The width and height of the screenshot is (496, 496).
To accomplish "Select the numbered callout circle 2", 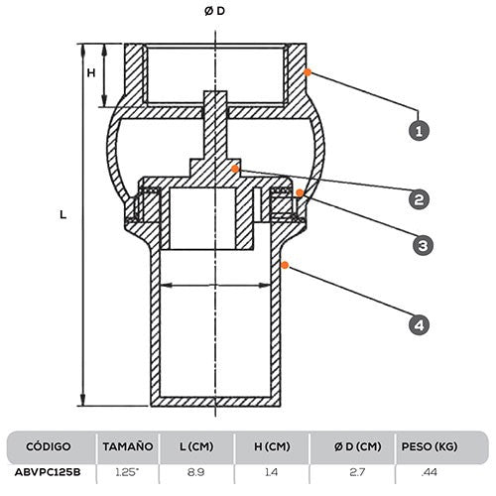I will (x=420, y=198).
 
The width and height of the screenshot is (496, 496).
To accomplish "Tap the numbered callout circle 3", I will (x=420, y=244).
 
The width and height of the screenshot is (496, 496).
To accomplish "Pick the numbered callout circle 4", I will (x=420, y=323).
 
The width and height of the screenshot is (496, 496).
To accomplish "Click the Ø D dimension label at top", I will (x=215, y=10).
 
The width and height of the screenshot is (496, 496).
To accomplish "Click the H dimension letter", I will (x=90, y=73).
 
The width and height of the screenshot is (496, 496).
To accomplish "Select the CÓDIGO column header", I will (x=48, y=446).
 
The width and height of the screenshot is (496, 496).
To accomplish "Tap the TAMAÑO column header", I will (x=127, y=446).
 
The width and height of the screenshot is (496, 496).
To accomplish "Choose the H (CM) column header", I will (x=270, y=446).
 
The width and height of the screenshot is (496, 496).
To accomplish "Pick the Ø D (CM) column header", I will (x=352, y=446).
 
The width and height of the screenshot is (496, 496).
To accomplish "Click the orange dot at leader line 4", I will (x=284, y=263).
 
